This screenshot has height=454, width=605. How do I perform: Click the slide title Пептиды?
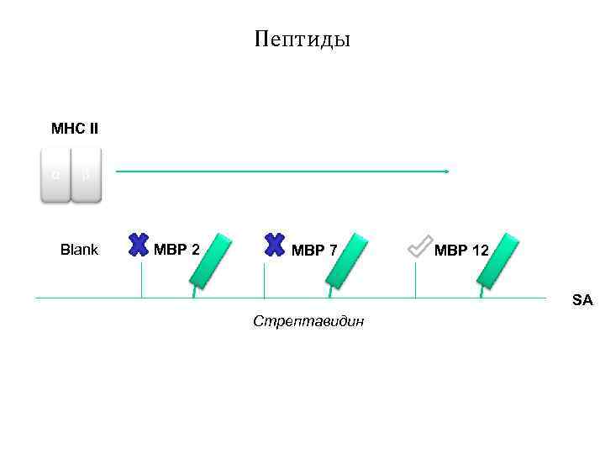(x=302, y=40)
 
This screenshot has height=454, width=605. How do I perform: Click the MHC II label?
(x=75, y=129)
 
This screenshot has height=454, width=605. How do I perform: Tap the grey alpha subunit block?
(x=55, y=176)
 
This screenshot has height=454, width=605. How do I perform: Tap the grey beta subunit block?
(x=86, y=176)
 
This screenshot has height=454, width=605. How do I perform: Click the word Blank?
(x=79, y=250)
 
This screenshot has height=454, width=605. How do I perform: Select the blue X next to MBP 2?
(x=139, y=244)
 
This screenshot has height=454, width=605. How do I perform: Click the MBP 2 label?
(x=176, y=250)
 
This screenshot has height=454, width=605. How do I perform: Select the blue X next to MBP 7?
(x=274, y=244)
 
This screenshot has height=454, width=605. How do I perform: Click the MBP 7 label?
(x=314, y=250)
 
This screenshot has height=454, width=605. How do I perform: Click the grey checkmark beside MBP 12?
(x=418, y=245)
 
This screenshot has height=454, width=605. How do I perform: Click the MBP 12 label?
(x=461, y=250)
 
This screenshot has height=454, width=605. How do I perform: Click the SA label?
(x=582, y=298)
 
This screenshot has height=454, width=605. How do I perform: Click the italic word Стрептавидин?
(x=308, y=322)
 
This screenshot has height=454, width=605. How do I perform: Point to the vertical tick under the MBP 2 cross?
(x=141, y=279)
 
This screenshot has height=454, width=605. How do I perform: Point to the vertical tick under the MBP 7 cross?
(x=264, y=279)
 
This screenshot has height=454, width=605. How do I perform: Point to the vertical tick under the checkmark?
(x=415, y=279)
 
